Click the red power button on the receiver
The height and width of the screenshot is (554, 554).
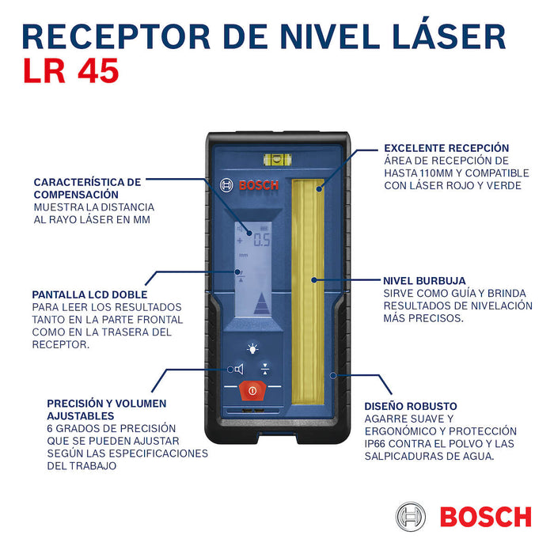click(252, 390)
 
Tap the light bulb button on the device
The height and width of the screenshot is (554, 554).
click(252, 349)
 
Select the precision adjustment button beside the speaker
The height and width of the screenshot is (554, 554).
click(265, 369)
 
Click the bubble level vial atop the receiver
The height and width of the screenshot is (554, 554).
click(277, 160)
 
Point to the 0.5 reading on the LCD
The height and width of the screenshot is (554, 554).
click(262, 240)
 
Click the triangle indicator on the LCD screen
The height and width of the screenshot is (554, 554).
click(262, 303)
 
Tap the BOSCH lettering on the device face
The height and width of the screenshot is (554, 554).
click(259, 185)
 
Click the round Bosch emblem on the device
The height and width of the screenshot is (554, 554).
click(226, 185)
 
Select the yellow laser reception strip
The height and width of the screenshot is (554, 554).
click(308, 291)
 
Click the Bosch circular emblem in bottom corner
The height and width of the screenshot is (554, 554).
click(411, 517)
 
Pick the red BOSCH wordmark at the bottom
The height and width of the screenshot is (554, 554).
click(486, 517)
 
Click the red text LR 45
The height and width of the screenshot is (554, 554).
click(71, 71)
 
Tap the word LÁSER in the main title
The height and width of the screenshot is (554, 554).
click(449, 34)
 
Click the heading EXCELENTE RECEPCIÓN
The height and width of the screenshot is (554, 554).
click(446, 148)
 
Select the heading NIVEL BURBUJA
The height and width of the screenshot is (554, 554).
click(424, 281)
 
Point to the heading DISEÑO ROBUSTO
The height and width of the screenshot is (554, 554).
click(411, 406)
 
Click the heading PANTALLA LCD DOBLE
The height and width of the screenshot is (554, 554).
click(89, 294)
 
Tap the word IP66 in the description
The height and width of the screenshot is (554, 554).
click(375, 444)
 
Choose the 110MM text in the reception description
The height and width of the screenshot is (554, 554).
click(437, 173)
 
